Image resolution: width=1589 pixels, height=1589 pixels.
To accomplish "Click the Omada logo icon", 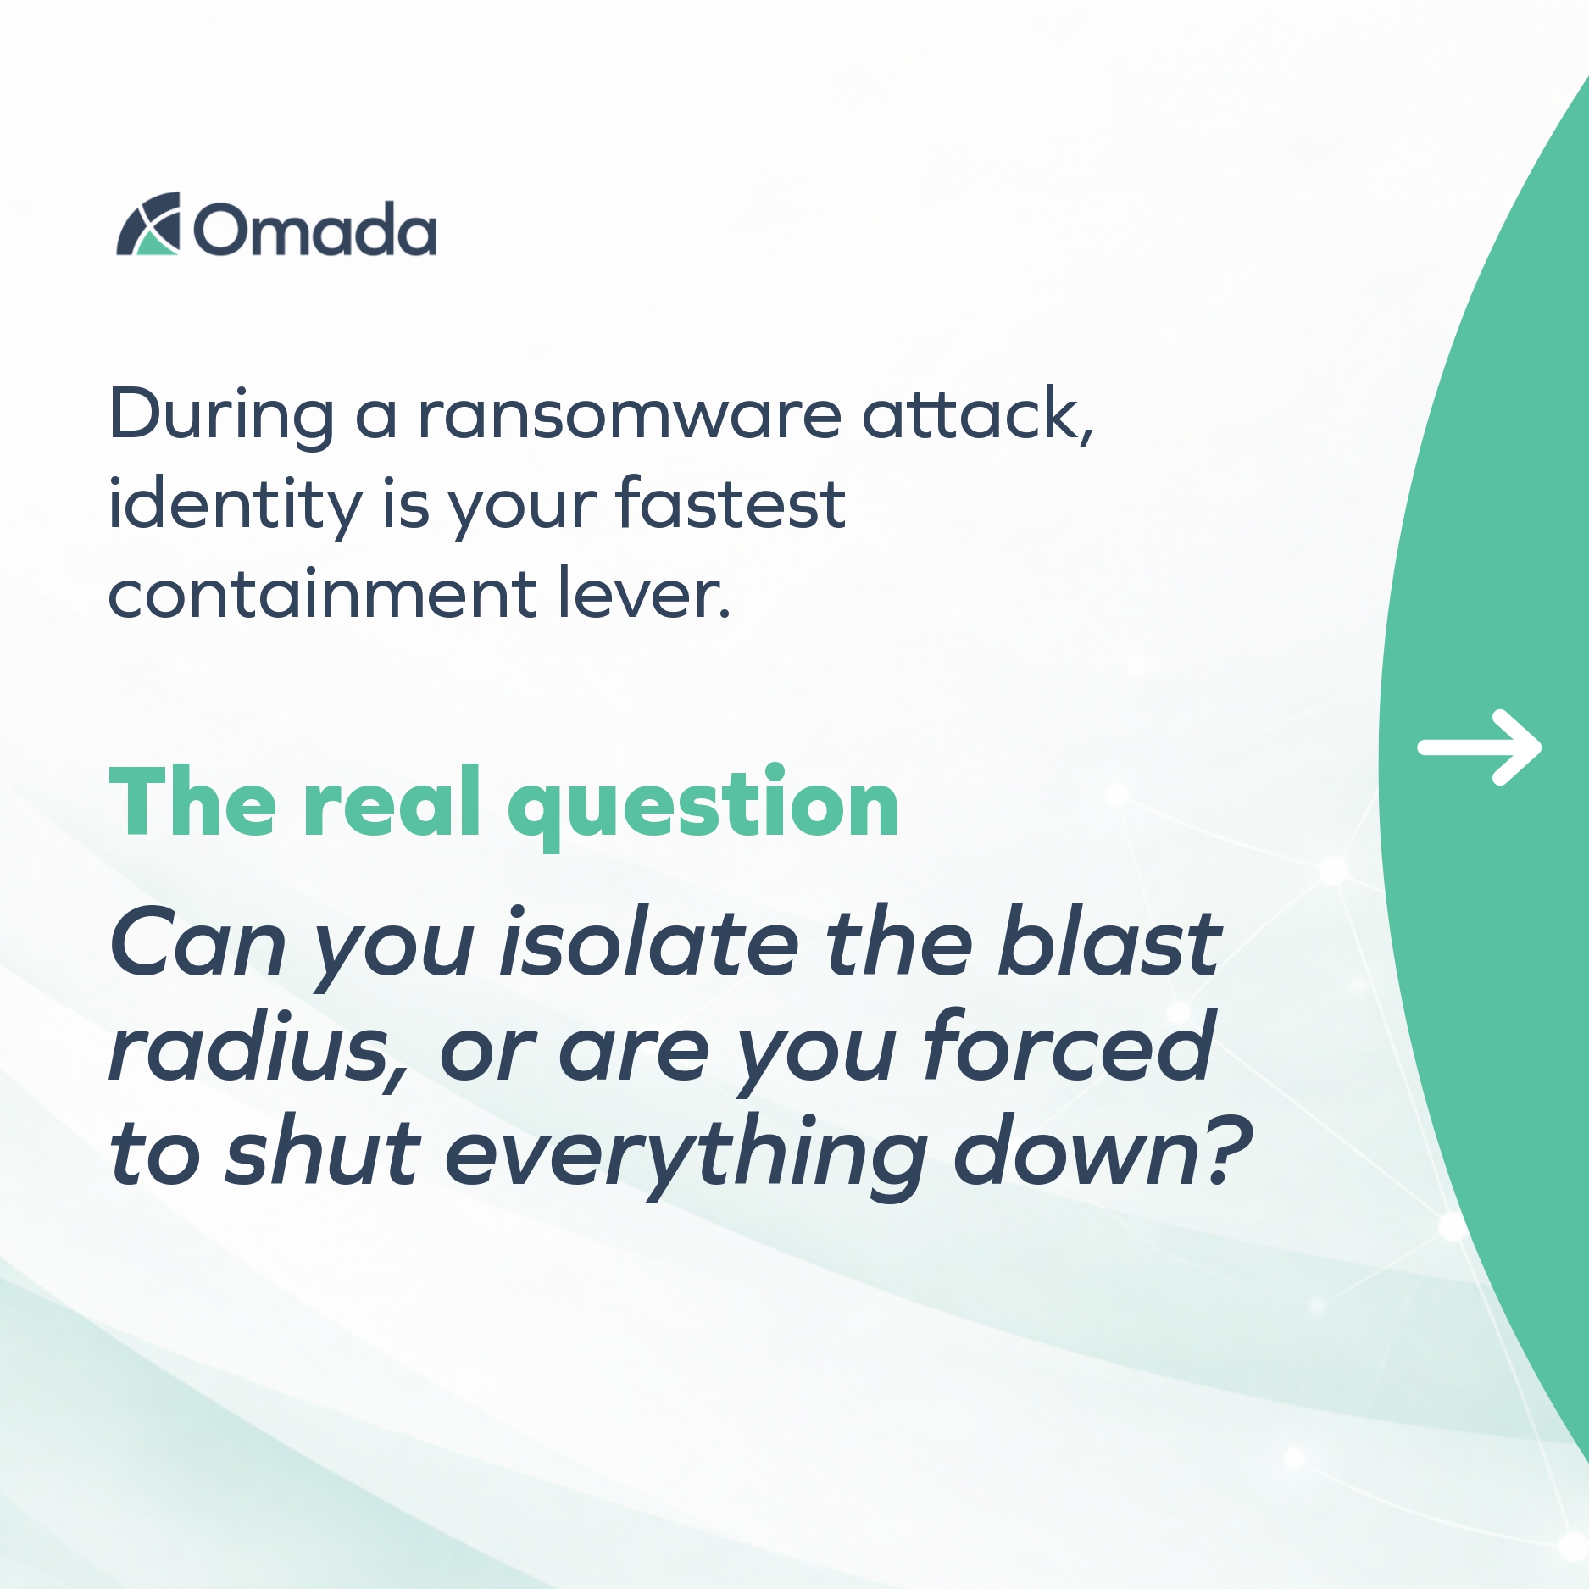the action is tap(148, 224).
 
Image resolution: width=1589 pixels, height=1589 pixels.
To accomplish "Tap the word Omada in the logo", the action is tap(315, 229).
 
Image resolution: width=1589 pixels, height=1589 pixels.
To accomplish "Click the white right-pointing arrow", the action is tap(1480, 747).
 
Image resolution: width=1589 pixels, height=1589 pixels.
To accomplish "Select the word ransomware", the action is tap(630, 414).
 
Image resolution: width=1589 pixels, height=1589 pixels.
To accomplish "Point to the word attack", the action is tap(978, 413).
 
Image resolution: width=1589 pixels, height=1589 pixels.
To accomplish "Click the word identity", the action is tap(236, 504).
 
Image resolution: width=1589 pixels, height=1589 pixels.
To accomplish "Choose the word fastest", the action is tap(731, 503).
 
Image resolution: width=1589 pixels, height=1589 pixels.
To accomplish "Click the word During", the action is tap(222, 416).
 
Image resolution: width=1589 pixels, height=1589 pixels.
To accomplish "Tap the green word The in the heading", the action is tap(193, 801).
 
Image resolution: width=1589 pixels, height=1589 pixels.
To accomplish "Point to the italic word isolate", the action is tap(649, 943).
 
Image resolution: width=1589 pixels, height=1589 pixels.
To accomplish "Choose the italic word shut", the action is tap(322, 1152).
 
